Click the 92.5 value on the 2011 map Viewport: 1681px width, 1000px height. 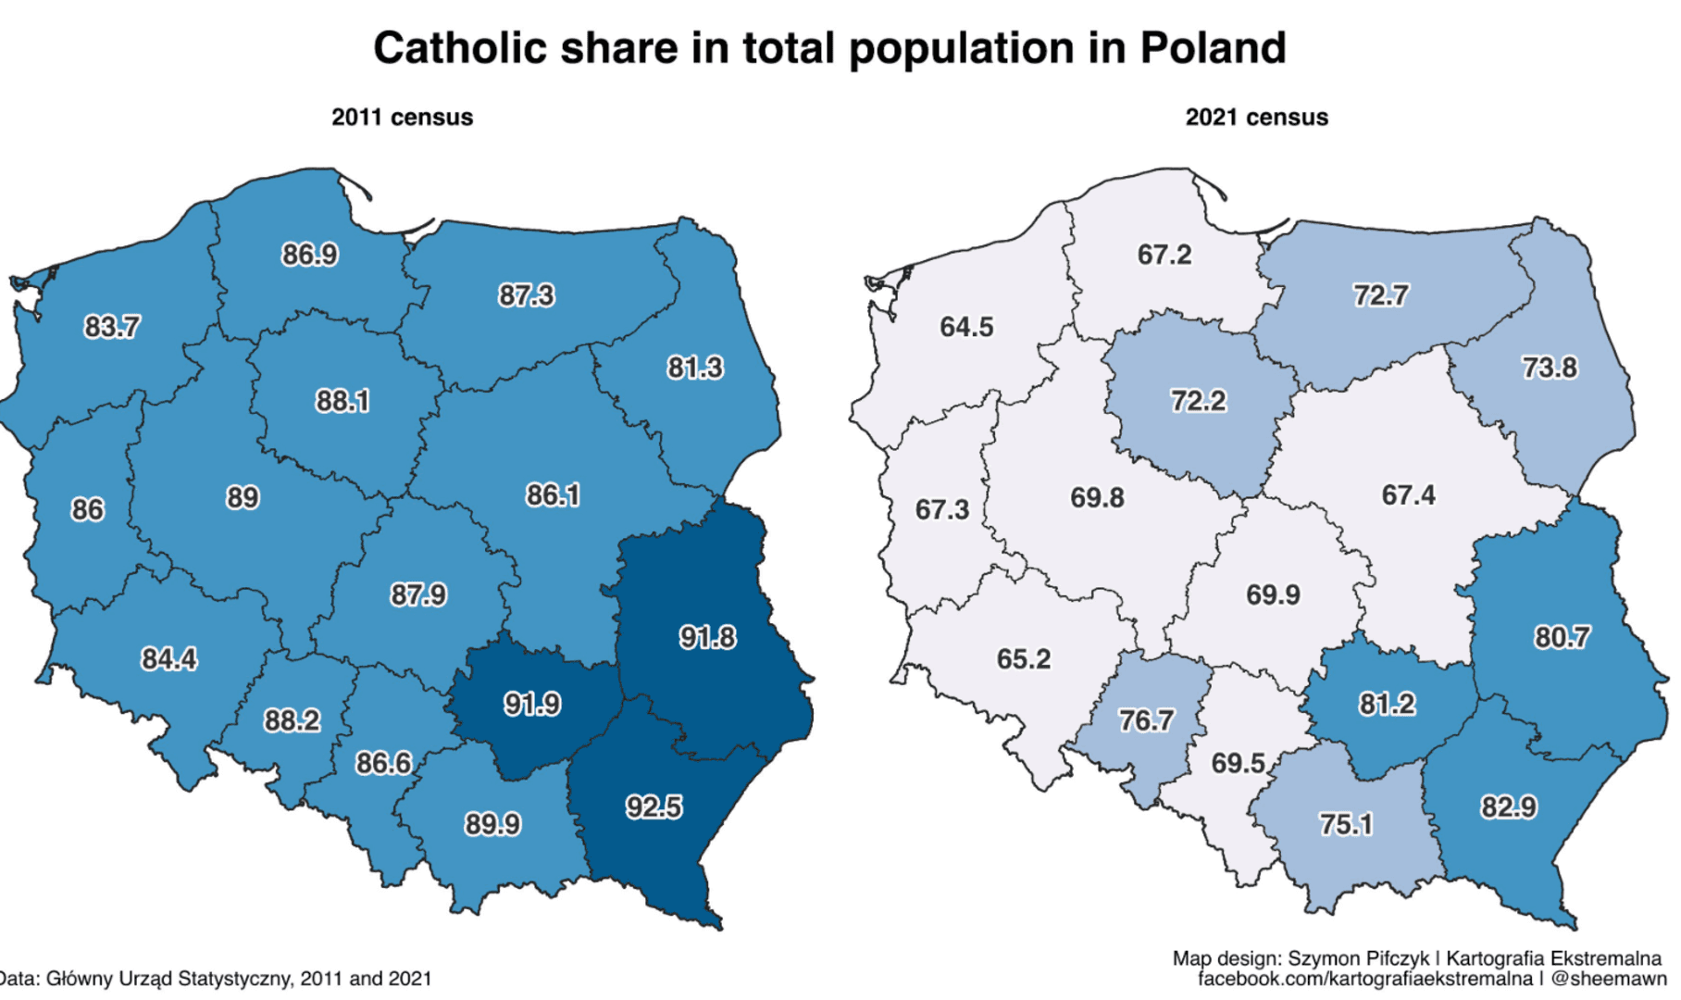click(x=654, y=806)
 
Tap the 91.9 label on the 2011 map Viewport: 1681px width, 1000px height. click(x=532, y=704)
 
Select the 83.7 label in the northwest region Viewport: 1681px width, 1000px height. click(x=112, y=327)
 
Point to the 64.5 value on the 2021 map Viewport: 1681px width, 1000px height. click(x=966, y=327)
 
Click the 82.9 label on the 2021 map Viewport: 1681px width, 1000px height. click(x=1509, y=806)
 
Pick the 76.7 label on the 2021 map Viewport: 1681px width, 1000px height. click(x=1146, y=719)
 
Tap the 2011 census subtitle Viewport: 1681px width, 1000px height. click(x=402, y=118)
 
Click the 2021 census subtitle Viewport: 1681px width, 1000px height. click(x=1256, y=118)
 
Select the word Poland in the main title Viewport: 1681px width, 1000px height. click(x=1213, y=48)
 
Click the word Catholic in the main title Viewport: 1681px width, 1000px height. click(x=459, y=48)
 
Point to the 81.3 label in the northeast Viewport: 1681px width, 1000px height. click(x=695, y=368)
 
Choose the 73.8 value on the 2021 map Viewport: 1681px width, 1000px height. click(x=1550, y=368)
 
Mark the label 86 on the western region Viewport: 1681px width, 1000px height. click(x=88, y=509)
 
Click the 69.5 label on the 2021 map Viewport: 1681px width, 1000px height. click(x=1239, y=763)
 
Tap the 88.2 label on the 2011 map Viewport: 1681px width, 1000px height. click(x=293, y=719)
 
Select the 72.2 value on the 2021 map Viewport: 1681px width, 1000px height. click(x=1198, y=401)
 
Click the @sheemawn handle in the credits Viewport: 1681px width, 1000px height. click(x=1608, y=978)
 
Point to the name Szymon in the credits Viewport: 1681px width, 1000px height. click(x=1322, y=958)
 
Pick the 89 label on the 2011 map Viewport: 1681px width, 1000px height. click(x=243, y=497)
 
